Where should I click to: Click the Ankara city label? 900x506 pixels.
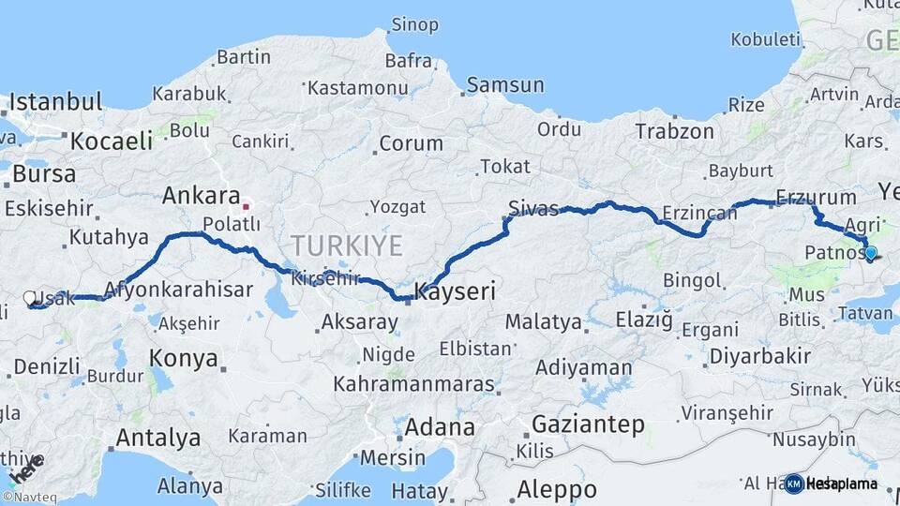[201, 196]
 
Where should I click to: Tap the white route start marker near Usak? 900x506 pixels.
[29, 299]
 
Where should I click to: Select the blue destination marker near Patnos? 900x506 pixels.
[871, 252]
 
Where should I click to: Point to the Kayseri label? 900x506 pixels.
[455, 291]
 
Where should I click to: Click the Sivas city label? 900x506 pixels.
[533, 208]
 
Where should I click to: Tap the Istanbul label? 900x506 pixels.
[55, 102]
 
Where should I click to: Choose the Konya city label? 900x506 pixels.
[184, 359]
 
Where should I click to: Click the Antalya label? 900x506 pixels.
[157, 438]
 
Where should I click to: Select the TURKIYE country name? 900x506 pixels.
[346, 246]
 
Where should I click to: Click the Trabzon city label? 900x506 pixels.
[674, 132]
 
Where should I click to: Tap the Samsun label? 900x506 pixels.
[505, 85]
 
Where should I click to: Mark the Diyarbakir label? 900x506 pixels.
[759, 356]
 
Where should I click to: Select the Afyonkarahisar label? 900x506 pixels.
[178, 290]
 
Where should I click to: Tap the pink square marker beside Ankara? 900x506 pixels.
[246, 206]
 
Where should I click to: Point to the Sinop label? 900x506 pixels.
[414, 24]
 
